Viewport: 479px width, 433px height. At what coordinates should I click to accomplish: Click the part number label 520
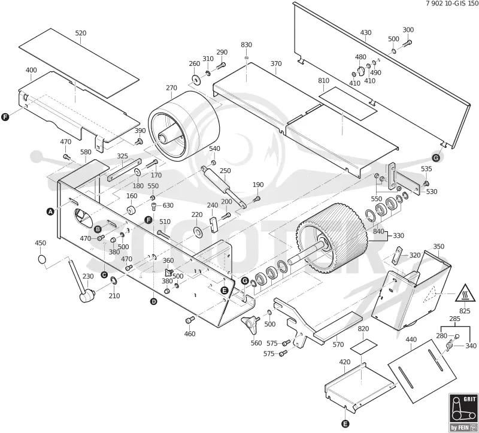81,33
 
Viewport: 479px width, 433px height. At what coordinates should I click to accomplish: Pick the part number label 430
366,32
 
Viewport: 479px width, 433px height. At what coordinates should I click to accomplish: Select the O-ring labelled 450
42,259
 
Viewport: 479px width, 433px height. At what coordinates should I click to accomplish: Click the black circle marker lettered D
154,302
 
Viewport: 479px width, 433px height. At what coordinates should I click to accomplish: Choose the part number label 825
465,311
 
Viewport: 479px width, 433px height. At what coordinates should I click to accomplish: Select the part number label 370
276,63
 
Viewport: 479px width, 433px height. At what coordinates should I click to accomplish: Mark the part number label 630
168,205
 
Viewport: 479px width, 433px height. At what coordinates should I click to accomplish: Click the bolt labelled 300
407,43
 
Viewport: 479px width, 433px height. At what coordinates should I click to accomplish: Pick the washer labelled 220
199,231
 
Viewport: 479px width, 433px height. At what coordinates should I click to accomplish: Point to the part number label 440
411,340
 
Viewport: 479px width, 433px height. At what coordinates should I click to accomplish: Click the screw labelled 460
190,320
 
